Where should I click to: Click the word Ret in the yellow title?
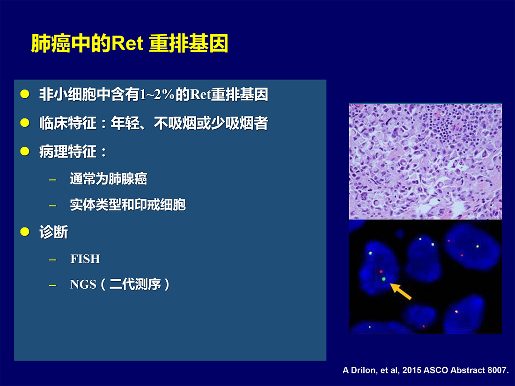tap(127, 44)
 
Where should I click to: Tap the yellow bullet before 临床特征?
tap(25, 123)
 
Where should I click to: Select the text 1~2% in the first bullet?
tap(157, 95)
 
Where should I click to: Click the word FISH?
tap(85, 259)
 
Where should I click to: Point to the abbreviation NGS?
tap(83, 284)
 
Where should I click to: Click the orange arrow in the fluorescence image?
tap(400, 291)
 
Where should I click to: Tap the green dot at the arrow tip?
tap(383, 279)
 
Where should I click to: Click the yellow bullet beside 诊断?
tap(25, 232)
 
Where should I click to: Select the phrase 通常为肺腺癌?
tap(109, 179)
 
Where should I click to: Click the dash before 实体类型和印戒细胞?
tap(52, 206)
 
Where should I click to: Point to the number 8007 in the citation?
tap(497, 370)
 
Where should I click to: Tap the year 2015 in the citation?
tap(412, 370)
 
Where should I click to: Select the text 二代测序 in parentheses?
tap(135, 284)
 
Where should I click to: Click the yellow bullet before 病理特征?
tap(25, 151)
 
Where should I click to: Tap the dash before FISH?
tap(52, 260)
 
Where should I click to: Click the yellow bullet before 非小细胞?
tap(25, 94)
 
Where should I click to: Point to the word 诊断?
tap(53, 232)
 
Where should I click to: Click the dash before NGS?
tap(52, 285)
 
